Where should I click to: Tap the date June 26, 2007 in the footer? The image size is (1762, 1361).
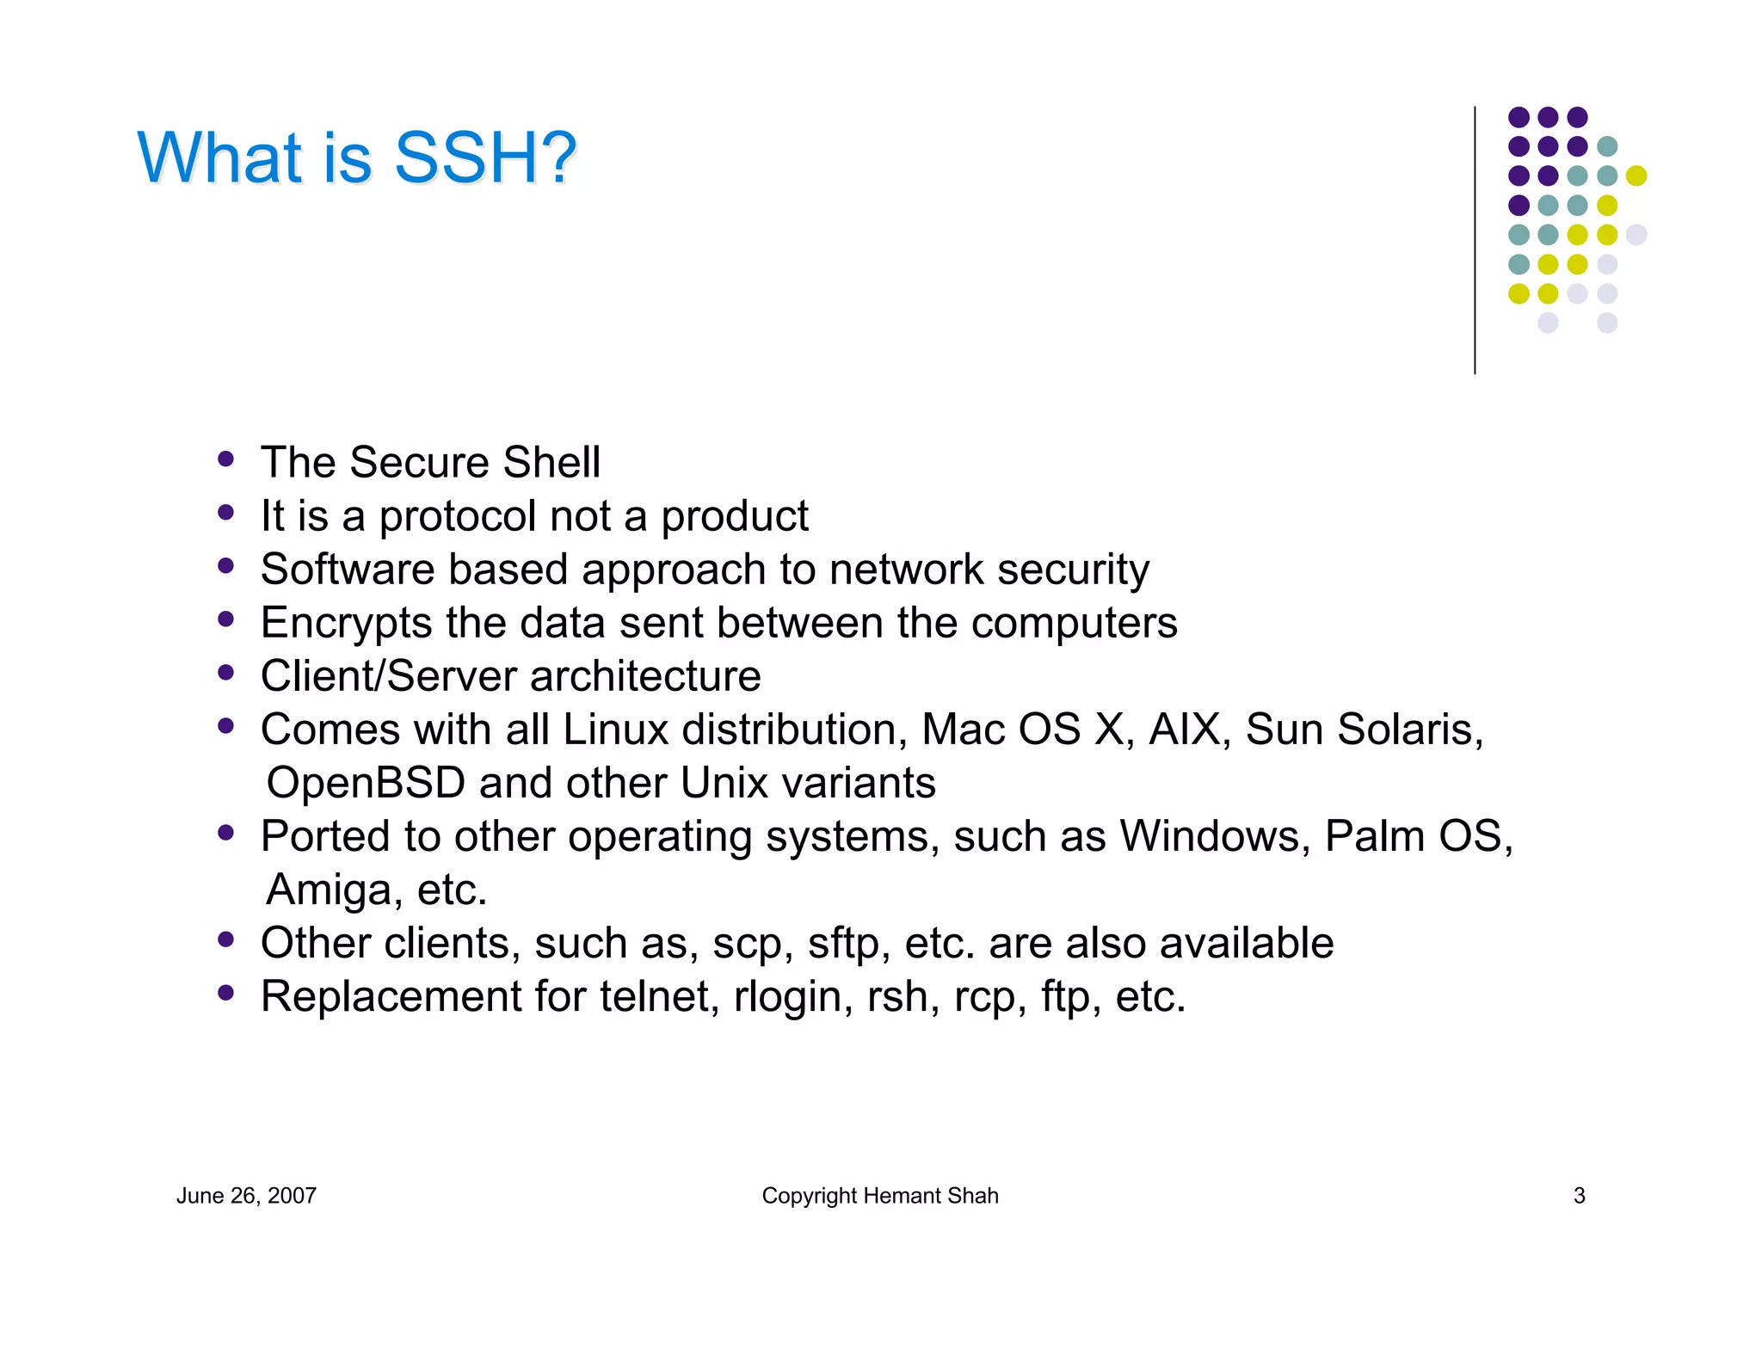tap(246, 1196)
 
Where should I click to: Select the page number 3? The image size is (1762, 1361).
tap(1579, 1196)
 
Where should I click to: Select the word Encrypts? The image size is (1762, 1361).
tap(346, 624)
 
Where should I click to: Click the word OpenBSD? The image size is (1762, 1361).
tap(366, 784)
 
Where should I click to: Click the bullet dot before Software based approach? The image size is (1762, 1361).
tap(226, 566)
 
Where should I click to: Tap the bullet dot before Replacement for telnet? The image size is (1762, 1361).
tap(226, 993)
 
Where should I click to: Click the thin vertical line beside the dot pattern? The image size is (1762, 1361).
tap(1475, 241)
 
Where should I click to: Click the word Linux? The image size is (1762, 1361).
tap(616, 730)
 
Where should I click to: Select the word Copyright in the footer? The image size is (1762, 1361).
tap(809, 1196)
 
